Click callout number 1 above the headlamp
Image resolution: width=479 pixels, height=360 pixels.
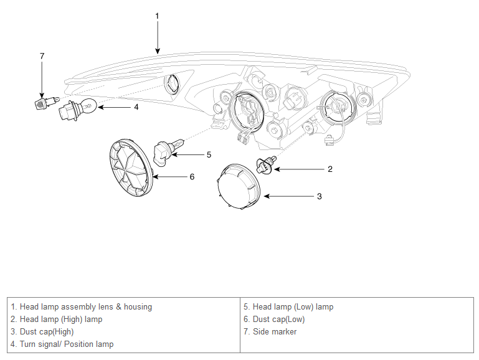click(x=157, y=15)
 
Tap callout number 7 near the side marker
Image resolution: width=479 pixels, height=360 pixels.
click(x=42, y=56)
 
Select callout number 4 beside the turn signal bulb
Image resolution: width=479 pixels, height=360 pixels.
click(x=136, y=107)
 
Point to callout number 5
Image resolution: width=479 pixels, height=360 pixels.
click(x=209, y=154)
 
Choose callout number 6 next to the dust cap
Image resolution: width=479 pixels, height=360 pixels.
click(x=192, y=177)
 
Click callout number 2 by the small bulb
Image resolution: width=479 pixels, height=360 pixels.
click(x=330, y=169)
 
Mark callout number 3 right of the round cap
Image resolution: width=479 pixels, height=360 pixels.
click(x=319, y=196)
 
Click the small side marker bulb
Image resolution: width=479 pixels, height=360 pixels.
click(x=44, y=102)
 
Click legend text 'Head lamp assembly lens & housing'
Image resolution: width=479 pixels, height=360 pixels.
click(x=81, y=306)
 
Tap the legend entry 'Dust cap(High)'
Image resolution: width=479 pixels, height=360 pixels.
click(x=42, y=331)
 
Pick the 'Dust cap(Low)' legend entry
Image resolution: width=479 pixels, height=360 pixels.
click(x=274, y=319)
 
